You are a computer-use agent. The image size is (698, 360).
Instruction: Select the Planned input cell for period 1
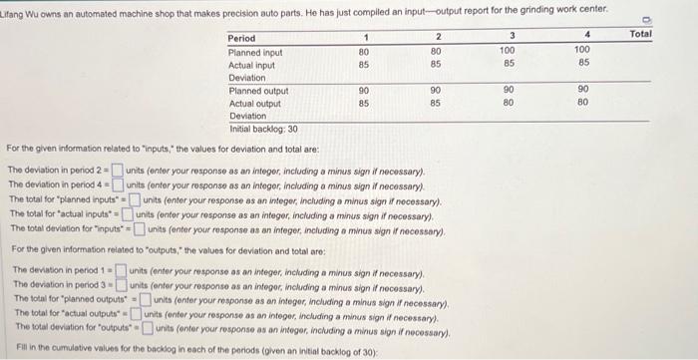(365, 51)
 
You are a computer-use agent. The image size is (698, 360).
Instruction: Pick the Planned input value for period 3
(508, 51)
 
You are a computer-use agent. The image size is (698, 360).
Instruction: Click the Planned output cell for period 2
(436, 91)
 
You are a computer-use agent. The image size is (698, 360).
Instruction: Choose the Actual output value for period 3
(508, 103)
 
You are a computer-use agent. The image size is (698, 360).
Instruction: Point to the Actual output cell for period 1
(365, 103)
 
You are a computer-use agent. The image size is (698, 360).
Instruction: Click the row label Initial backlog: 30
(264, 129)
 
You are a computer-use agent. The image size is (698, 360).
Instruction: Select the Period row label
(242, 38)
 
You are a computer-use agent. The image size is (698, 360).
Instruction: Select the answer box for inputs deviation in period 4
(118, 182)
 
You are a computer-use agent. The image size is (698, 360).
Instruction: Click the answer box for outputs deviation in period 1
(120, 269)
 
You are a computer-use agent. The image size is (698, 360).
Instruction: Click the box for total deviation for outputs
(148, 328)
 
